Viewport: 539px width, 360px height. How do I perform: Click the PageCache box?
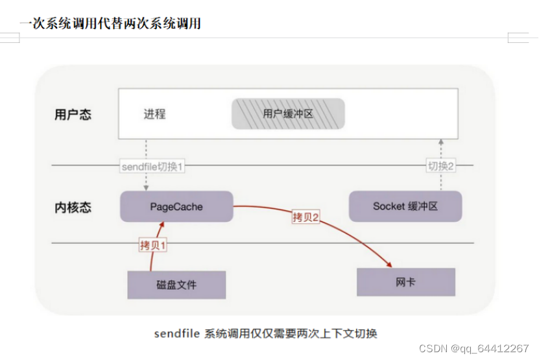[x=176, y=207]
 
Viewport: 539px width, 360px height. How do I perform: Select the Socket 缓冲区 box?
[x=405, y=206]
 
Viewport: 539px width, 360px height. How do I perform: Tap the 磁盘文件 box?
[x=176, y=285]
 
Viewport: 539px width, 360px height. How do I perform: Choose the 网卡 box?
[x=406, y=282]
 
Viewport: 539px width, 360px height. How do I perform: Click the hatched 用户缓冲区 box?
[x=288, y=114]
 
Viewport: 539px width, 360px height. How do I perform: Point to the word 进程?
[x=154, y=114]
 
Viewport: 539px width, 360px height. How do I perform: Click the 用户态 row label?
[x=73, y=115]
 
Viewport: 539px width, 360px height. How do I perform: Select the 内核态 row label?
[x=73, y=208]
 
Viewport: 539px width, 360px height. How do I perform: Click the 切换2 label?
[x=440, y=166]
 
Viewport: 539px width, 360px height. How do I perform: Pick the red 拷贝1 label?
[x=153, y=245]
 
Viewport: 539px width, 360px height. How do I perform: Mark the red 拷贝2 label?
[x=306, y=217]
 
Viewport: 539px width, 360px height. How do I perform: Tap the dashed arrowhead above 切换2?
[x=440, y=141]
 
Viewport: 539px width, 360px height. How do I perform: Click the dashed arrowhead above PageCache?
[x=146, y=188]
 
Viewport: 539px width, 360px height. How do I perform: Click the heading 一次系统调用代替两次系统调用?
[x=110, y=23]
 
